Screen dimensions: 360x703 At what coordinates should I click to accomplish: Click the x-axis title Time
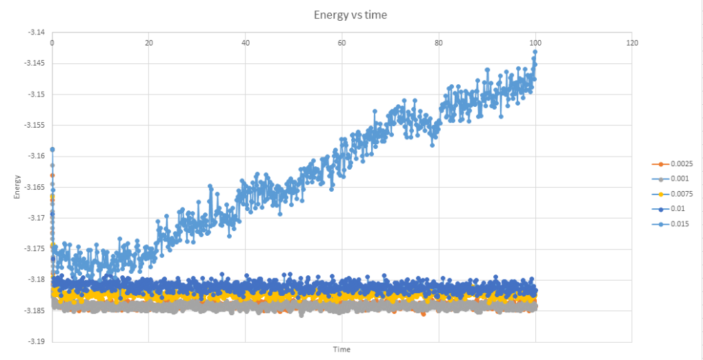click(341, 350)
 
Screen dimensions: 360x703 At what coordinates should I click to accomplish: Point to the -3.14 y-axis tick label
click(36, 32)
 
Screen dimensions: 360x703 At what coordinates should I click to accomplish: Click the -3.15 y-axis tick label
click(36, 94)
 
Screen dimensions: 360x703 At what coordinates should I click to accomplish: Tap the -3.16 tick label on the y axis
click(36, 156)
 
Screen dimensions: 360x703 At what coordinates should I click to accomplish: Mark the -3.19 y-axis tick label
click(36, 341)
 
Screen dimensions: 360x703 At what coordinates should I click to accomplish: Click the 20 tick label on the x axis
click(149, 43)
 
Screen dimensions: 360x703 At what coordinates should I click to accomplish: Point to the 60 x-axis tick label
click(342, 43)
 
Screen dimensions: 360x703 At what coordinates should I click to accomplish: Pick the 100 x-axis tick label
click(535, 43)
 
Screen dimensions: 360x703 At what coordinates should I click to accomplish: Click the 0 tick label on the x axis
click(52, 43)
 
